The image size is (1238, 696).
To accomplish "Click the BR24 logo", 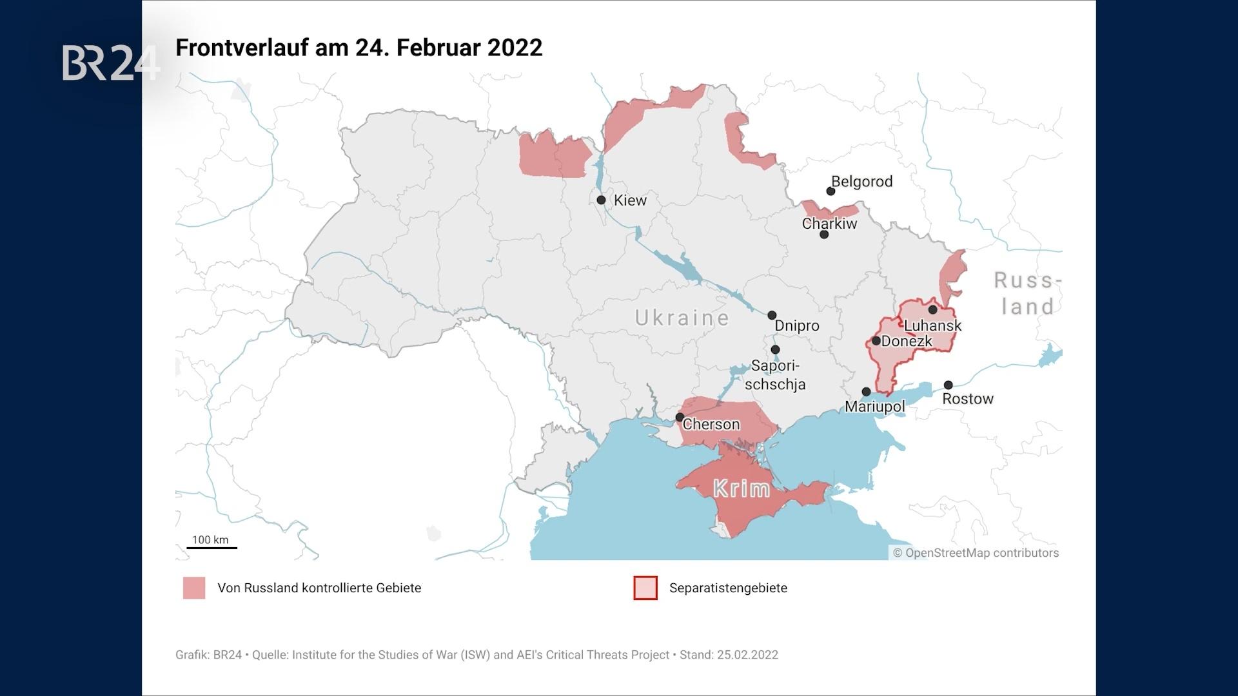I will pyautogui.click(x=111, y=63).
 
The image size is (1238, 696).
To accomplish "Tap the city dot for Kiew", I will pyautogui.click(x=601, y=200).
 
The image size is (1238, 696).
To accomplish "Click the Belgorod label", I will pyautogui.click(x=862, y=182).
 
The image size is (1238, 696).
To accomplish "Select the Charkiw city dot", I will pyautogui.click(x=824, y=235).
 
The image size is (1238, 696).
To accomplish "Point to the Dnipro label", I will pyautogui.click(x=797, y=326).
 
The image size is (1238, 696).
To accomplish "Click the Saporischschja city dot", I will pyautogui.click(x=776, y=350).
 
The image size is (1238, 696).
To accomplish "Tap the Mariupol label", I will pyautogui.click(x=875, y=407).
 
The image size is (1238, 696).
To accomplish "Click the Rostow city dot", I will pyautogui.click(x=948, y=385).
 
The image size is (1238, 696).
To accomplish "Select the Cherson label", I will pyautogui.click(x=711, y=425).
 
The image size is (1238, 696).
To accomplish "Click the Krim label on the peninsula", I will pyautogui.click(x=742, y=489).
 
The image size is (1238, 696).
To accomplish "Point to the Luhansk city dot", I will pyautogui.click(x=932, y=310).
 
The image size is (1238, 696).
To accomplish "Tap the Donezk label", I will pyautogui.click(x=907, y=342).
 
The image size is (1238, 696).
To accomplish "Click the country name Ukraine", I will pyautogui.click(x=682, y=318).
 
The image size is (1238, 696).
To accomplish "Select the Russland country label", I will pyautogui.click(x=1027, y=293).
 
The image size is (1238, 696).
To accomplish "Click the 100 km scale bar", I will pyautogui.click(x=212, y=547).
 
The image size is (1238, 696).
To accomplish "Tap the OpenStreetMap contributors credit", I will pyautogui.click(x=976, y=553).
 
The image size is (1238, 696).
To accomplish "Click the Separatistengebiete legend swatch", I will pyautogui.click(x=645, y=588).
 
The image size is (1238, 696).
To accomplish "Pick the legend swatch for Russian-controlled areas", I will pyautogui.click(x=194, y=588).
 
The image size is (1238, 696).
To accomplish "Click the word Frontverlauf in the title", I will pyautogui.click(x=242, y=48).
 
